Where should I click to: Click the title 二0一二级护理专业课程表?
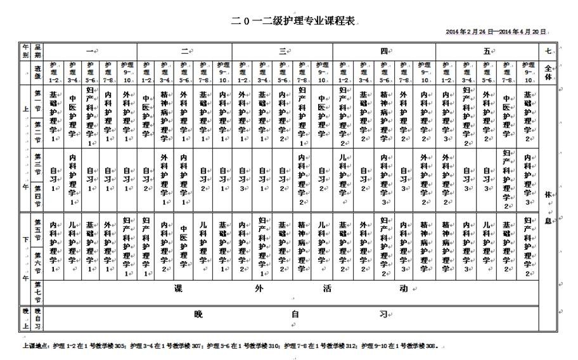tap(294, 21)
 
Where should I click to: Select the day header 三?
tap(281, 51)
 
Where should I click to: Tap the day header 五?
tap(487, 51)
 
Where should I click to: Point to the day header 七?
tap(548, 51)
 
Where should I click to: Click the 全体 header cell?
tap(548, 71)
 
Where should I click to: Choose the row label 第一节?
tap(38, 101)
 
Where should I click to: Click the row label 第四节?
tap(38, 196)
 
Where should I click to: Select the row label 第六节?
tap(38, 260)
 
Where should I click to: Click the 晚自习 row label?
tap(38, 319)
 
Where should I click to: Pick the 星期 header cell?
tap(38, 51)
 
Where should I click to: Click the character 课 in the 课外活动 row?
tap(179, 289)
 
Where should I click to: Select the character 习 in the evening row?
tap(383, 314)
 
